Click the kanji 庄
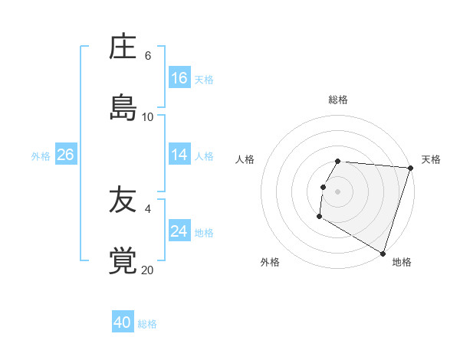coord(123,47)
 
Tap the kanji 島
coord(123,107)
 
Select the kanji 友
coord(123,201)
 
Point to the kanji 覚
coord(123,261)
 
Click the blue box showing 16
coord(179,78)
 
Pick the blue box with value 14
coord(179,155)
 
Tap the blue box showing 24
coord(179,231)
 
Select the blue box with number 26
coord(65,155)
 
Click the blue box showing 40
coord(123,322)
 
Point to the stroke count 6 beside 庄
coord(148,56)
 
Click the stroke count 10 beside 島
coord(148,116)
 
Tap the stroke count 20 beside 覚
coord(148,270)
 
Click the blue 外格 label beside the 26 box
coord(41,156)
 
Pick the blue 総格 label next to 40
coord(147,324)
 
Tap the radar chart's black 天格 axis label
coord(431,159)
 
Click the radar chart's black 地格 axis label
coord(402,262)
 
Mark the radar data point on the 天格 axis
coord(410,168)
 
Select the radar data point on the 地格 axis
coord(383,253)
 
